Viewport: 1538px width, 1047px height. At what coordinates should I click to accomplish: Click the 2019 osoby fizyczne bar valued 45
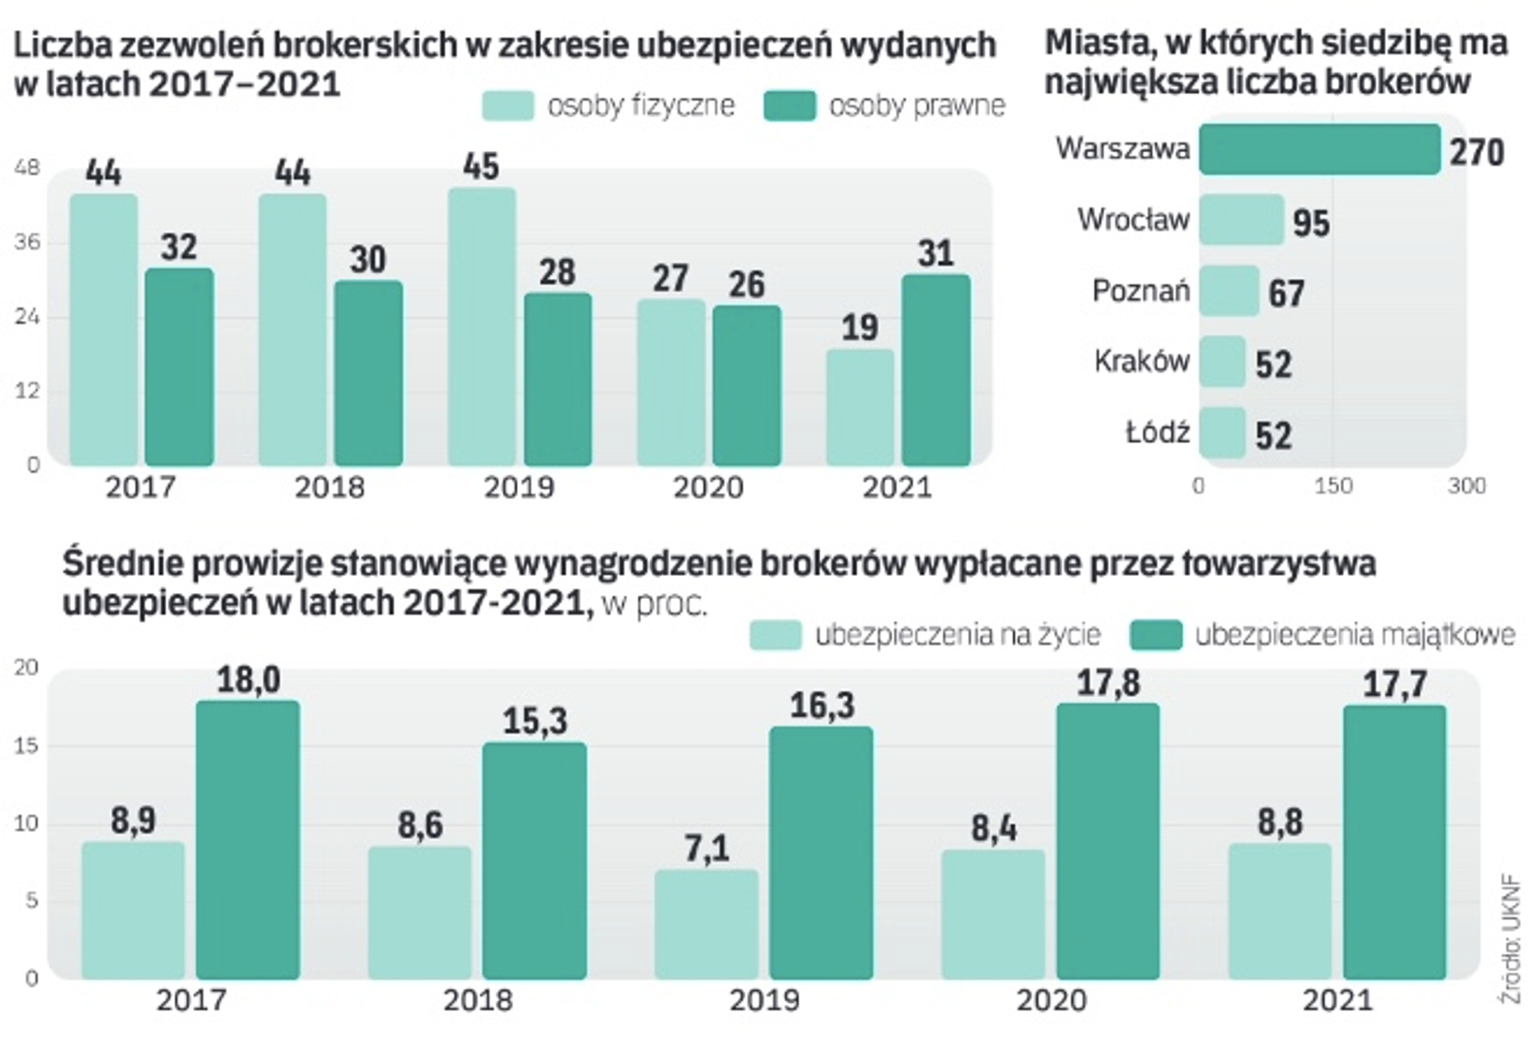[482, 327]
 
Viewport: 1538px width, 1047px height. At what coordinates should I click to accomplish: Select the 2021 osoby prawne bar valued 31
[936, 369]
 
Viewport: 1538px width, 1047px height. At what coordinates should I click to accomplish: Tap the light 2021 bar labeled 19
[860, 407]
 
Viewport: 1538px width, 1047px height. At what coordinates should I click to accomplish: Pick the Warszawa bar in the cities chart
[1319, 149]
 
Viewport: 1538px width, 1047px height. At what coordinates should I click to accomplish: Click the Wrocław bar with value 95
[1241, 220]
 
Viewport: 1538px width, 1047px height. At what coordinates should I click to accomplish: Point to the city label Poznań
[1140, 291]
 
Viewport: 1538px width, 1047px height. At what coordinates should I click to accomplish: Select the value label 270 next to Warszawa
[1476, 152]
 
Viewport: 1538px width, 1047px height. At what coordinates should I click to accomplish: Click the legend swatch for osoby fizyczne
[507, 106]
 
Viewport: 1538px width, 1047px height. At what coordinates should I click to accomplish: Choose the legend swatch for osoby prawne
[789, 106]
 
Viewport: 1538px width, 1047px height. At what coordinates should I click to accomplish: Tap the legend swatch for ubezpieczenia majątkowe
[1155, 635]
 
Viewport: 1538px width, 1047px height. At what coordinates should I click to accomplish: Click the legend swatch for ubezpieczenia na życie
[775, 635]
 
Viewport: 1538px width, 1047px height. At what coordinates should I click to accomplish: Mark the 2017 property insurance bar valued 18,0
[247, 839]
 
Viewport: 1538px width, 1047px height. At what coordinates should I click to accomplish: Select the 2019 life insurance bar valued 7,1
[706, 924]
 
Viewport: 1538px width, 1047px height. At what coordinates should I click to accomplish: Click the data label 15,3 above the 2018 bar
[534, 721]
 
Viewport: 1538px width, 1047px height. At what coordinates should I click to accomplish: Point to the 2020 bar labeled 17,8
[1107, 840]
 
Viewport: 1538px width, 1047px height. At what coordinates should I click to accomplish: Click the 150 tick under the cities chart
[1332, 486]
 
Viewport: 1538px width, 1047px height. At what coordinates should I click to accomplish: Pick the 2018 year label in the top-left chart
[330, 487]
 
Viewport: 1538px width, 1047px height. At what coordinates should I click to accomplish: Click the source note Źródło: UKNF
[1510, 939]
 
